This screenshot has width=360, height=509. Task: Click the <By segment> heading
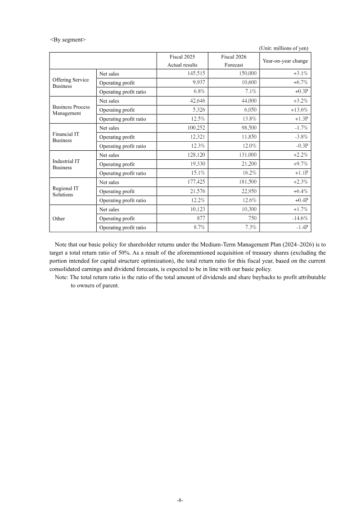(x=67, y=39)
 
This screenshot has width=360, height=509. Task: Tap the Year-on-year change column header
(x=285, y=61)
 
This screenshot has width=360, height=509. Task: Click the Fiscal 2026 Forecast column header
(x=234, y=61)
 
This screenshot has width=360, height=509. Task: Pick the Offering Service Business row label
(x=71, y=83)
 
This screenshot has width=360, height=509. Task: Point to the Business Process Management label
(x=71, y=110)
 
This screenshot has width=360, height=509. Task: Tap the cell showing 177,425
(x=196, y=182)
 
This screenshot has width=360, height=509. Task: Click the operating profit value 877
(x=200, y=218)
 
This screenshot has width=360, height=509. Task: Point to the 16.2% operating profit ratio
(x=250, y=173)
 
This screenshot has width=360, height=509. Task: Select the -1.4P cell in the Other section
(x=301, y=227)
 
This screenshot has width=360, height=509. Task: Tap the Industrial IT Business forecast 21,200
(x=247, y=164)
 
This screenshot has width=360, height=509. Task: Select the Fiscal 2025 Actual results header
(x=182, y=61)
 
